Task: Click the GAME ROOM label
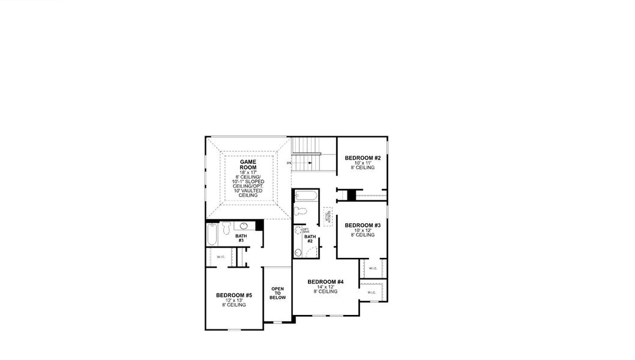pyautogui.click(x=248, y=165)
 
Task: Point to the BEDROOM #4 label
pyautogui.click(x=325, y=282)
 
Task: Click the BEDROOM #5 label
pyautogui.click(x=234, y=295)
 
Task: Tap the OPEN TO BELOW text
pyautogui.click(x=277, y=293)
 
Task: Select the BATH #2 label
pyautogui.click(x=310, y=239)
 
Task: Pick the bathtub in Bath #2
pyautogui.click(x=305, y=196)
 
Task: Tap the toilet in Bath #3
pyautogui.click(x=226, y=229)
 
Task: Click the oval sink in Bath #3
pyautogui.click(x=245, y=226)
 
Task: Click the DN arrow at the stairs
pyautogui.click(x=289, y=163)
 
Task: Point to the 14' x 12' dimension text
pyautogui.click(x=325, y=287)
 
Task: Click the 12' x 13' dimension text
pyautogui.click(x=234, y=301)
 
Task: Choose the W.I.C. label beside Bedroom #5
pyautogui.click(x=220, y=257)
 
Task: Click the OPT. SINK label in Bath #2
pyautogui.click(x=305, y=230)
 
